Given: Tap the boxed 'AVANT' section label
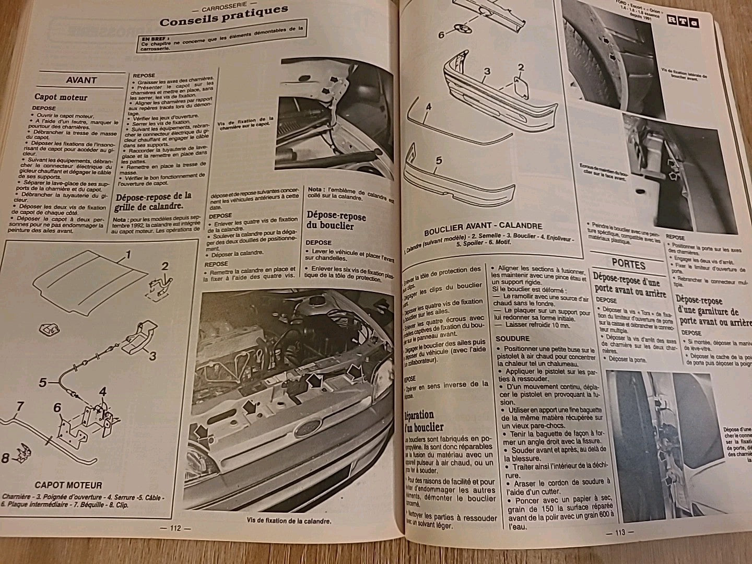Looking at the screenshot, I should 81,80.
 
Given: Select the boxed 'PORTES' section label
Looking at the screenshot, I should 628,265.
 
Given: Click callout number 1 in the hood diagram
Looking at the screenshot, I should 126,255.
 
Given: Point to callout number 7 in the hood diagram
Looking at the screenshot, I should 20,406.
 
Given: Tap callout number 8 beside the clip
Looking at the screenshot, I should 5,459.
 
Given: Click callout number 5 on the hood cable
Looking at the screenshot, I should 43,382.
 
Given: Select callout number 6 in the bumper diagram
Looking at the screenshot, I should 441,34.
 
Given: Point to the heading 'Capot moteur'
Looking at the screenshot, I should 61,97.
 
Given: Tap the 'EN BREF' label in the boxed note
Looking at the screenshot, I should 152,38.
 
